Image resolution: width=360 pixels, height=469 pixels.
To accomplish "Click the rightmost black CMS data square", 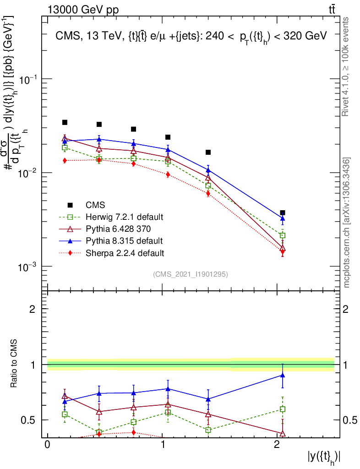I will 283,213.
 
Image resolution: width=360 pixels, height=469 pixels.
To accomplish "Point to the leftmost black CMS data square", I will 65,122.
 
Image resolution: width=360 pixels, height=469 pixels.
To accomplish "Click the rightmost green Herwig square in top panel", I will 283,235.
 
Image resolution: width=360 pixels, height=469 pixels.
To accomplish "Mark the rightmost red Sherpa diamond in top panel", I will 283,252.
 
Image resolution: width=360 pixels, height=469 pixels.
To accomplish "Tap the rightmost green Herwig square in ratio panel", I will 283,409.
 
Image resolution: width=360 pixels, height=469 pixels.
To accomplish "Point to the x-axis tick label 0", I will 47,445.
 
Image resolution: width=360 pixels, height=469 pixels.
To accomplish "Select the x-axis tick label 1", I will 162,445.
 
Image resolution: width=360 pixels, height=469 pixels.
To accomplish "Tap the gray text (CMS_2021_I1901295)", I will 190,274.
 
